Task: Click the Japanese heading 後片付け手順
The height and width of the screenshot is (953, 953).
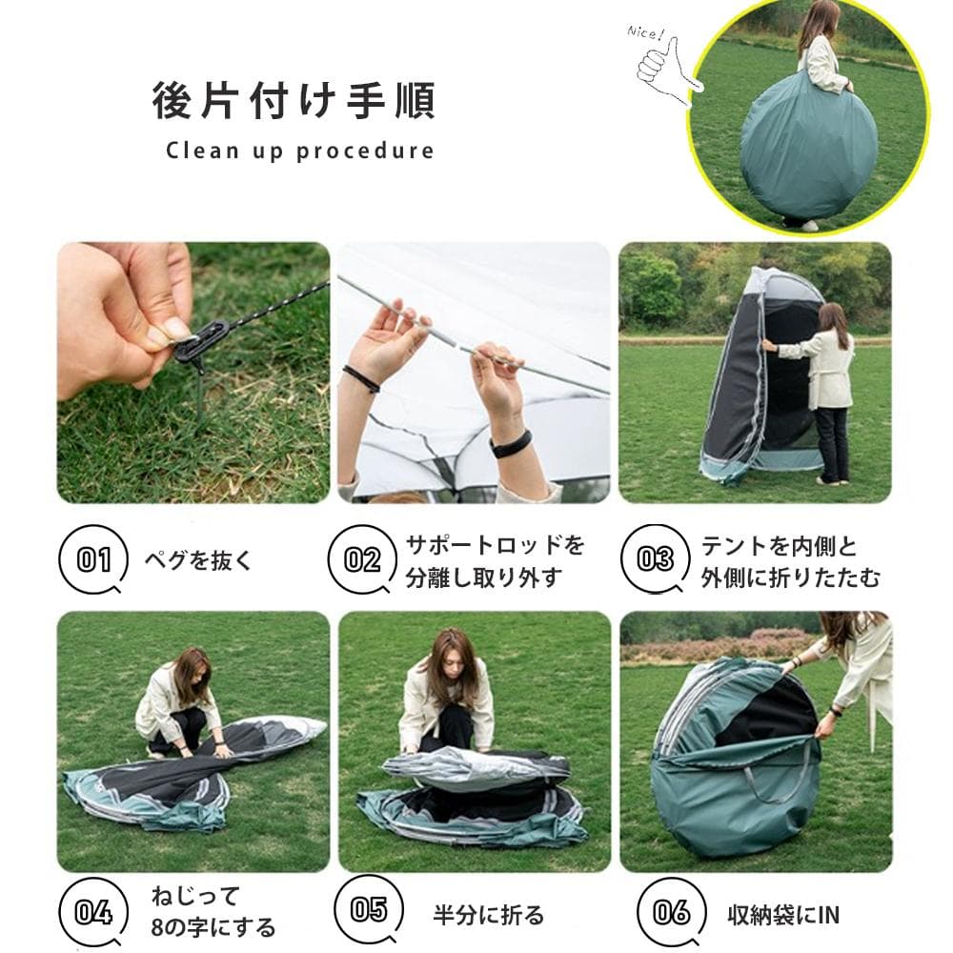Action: pos(293,101)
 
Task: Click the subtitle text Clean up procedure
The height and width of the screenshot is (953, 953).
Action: pos(299,151)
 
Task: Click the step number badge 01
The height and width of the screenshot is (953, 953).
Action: pos(93,559)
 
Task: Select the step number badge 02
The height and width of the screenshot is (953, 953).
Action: pos(362,559)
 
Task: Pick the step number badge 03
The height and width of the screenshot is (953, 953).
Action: pos(655,559)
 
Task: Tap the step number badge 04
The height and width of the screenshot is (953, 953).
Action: pos(93,912)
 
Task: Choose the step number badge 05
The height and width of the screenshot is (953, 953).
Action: pos(369,909)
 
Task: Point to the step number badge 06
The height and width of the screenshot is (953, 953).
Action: pos(672,912)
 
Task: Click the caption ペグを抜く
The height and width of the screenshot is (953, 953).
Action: pos(198,560)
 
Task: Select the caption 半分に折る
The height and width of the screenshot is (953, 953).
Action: pos(488,916)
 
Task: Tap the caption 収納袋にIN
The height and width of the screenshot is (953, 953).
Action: pos(779,916)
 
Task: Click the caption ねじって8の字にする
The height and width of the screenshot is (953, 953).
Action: pos(212,911)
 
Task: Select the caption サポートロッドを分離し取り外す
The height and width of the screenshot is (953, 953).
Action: pos(496,561)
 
